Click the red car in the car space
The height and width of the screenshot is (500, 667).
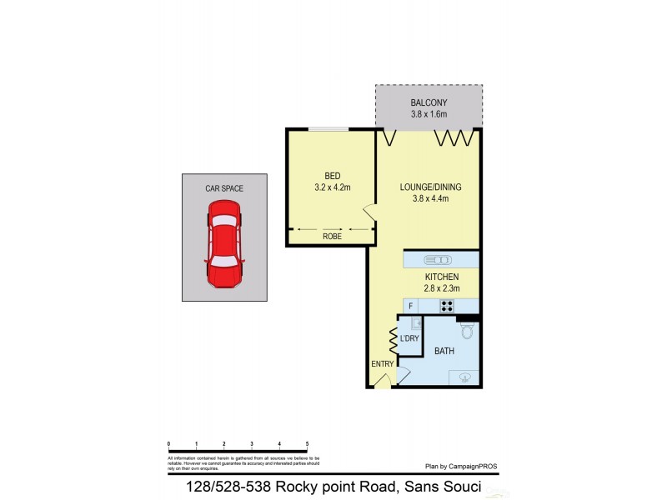point(224,249)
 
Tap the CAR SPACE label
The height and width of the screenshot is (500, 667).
point(224,189)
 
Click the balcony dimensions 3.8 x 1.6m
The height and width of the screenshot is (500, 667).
point(429,114)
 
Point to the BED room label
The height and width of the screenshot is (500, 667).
point(332,176)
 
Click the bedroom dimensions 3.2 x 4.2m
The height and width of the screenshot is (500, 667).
point(332,187)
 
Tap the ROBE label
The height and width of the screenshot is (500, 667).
point(332,237)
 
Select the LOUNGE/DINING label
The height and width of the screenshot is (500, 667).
point(429,187)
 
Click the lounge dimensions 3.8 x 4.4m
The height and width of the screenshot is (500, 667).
point(429,198)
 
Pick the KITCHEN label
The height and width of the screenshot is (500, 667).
point(441,277)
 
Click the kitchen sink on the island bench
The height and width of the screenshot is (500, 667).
point(437,259)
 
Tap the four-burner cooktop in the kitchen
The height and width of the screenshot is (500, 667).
point(447,306)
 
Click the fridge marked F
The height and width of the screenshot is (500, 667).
point(411,306)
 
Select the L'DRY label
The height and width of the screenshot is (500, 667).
point(409,338)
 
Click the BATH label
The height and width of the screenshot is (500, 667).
point(444,352)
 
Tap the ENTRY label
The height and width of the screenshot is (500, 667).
point(382,364)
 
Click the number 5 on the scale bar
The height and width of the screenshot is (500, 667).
point(307,444)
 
